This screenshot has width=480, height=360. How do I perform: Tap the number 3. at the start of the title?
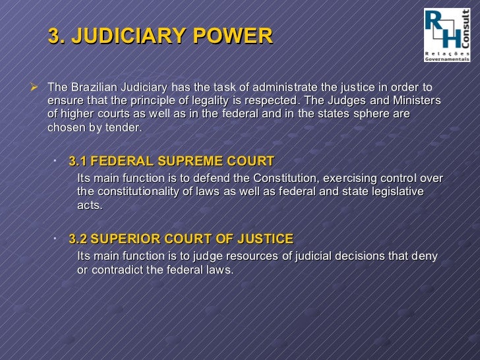(57, 36)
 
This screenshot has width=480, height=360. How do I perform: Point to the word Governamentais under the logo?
(447, 58)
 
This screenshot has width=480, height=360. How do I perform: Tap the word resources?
(247, 256)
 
